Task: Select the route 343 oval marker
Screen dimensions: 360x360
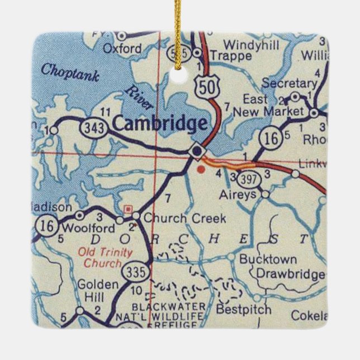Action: coord(90,127)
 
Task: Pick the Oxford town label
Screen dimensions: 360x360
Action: coord(122,49)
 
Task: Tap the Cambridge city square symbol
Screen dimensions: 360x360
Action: coord(197,151)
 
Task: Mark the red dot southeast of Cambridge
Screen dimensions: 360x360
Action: coord(201,166)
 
